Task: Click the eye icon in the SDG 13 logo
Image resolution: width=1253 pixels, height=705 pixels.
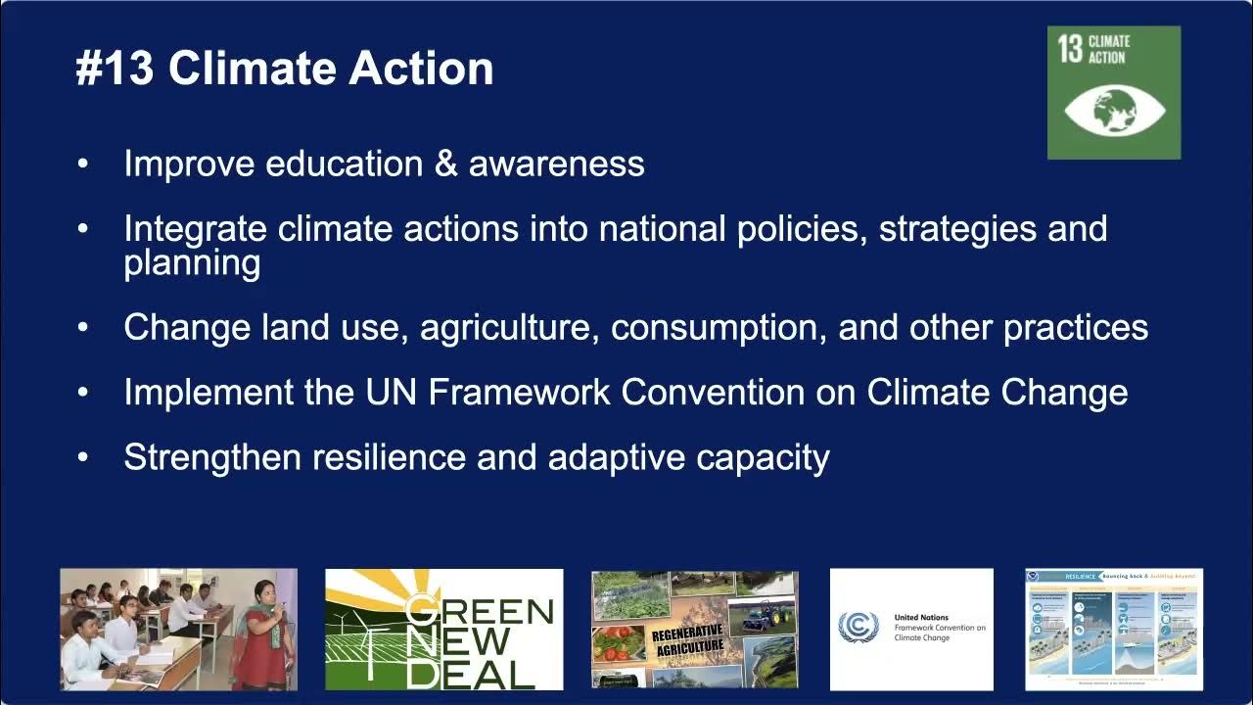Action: (x=1114, y=111)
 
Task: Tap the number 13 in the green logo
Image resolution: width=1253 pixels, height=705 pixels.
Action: (x=1069, y=49)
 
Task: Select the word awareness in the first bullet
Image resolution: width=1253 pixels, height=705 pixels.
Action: (x=556, y=164)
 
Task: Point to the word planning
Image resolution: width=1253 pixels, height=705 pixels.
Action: (x=192, y=263)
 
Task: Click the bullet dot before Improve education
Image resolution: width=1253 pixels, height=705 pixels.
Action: (x=83, y=164)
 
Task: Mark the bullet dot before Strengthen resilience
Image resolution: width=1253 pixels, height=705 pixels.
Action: (x=83, y=457)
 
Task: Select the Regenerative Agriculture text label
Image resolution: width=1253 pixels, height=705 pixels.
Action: (x=687, y=641)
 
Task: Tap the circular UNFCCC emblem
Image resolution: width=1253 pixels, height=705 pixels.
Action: (x=859, y=628)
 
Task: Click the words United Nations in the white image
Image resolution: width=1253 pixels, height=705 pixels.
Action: (x=921, y=618)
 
